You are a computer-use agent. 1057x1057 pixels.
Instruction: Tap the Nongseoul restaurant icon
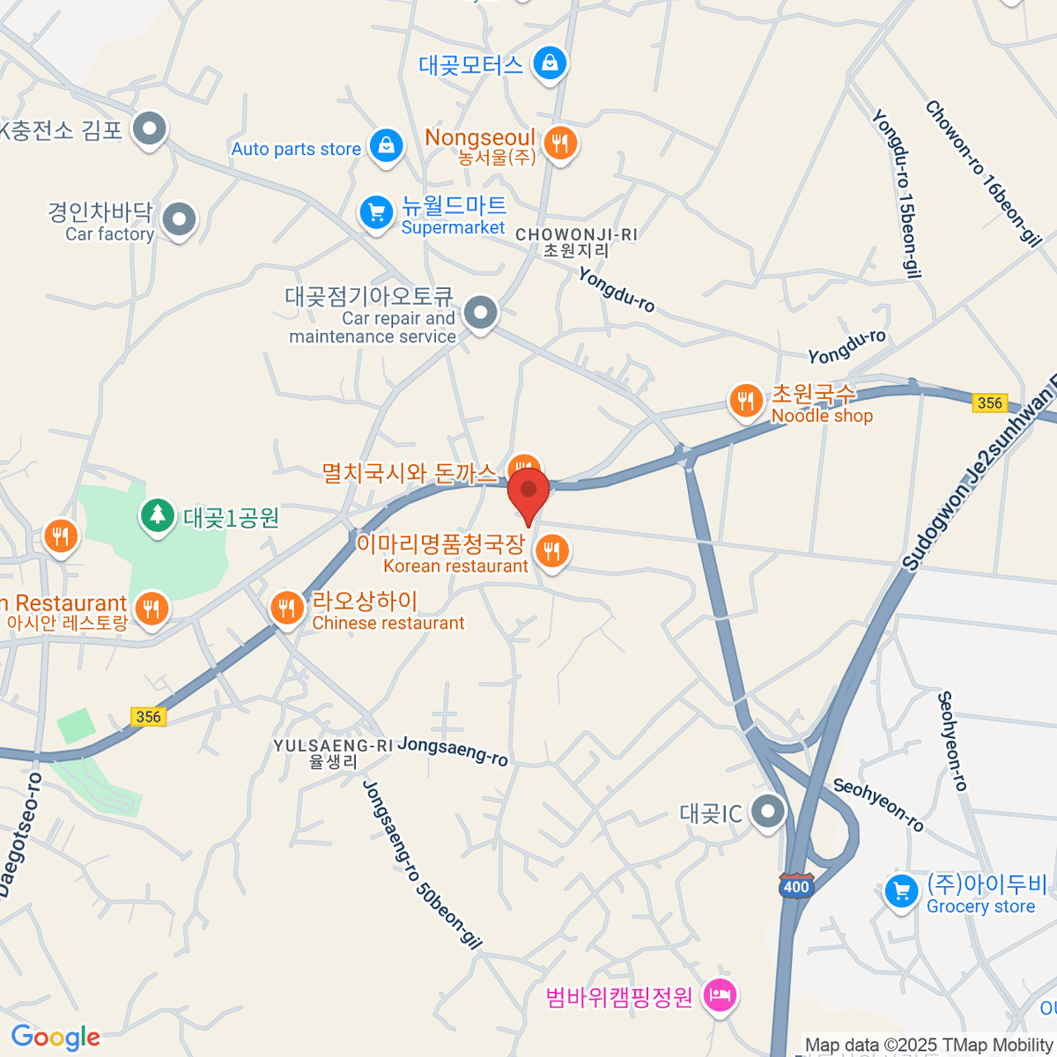click(x=560, y=142)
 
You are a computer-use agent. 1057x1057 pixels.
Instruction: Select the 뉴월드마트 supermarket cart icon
click(x=376, y=212)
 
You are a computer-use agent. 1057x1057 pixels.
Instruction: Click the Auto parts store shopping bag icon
click(x=387, y=146)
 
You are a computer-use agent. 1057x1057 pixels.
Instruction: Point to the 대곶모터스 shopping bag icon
click(x=551, y=63)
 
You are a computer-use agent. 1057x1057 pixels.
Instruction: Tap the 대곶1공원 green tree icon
click(x=158, y=515)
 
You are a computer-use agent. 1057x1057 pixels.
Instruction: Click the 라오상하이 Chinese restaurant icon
click(x=286, y=608)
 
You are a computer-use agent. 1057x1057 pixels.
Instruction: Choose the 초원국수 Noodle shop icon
click(x=746, y=401)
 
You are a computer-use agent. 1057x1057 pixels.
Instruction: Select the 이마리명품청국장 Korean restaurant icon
click(x=552, y=552)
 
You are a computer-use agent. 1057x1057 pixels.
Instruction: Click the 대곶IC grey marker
click(x=768, y=812)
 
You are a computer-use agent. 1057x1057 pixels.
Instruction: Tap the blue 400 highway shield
click(x=795, y=885)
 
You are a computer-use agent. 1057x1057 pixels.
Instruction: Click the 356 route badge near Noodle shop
click(x=989, y=403)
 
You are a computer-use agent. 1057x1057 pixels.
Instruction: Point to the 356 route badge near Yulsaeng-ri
click(x=148, y=716)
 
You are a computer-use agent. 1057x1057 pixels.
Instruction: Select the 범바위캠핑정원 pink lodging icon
click(x=721, y=996)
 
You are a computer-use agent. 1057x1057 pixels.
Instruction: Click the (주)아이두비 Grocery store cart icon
click(x=901, y=891)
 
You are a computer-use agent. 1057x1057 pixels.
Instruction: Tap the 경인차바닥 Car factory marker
click(x=181, y=219)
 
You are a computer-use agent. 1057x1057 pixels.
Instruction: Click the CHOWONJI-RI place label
click(x=576, y=235)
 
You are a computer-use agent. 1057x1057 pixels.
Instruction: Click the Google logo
click(x=55, y=1038)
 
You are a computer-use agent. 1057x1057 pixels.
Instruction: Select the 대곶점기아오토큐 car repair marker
click(x=481, y=312)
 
